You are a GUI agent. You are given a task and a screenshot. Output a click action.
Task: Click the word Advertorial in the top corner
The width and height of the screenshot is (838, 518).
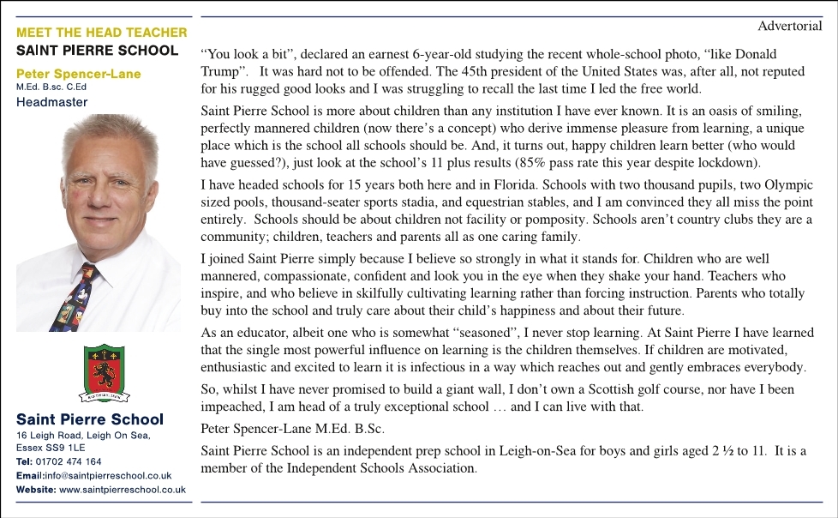[x=790, y=26]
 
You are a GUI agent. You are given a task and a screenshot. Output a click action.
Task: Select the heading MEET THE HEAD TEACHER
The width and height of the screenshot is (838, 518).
[x=101, y=33]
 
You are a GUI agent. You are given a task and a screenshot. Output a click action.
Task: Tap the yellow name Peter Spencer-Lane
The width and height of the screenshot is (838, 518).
[x=79, y=74]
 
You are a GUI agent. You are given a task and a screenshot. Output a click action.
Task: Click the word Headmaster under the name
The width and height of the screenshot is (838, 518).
[x=51, y=102]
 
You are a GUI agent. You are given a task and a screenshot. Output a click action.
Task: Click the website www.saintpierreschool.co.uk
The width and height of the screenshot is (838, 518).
[x=123, y=490]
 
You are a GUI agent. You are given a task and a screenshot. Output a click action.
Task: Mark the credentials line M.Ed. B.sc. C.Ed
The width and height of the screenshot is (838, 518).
[x=51, y=87]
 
